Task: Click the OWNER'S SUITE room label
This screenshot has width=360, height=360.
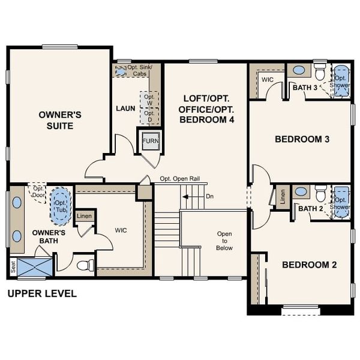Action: pos(56,120)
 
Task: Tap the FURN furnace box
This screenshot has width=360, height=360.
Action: pos(149,142)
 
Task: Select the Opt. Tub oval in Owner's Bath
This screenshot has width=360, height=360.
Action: pos(60,201)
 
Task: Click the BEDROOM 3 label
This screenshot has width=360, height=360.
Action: pos(302,139)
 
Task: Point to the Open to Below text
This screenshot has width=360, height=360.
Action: pos(224,241)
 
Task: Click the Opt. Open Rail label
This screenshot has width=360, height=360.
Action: pos(183,179)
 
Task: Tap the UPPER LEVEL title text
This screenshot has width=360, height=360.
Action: pos(41,294)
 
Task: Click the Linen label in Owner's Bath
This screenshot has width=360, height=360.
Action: pos(84,216)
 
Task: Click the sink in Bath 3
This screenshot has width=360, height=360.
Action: pos(299,71)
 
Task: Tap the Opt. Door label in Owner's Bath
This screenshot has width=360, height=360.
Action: pos(40,191)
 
